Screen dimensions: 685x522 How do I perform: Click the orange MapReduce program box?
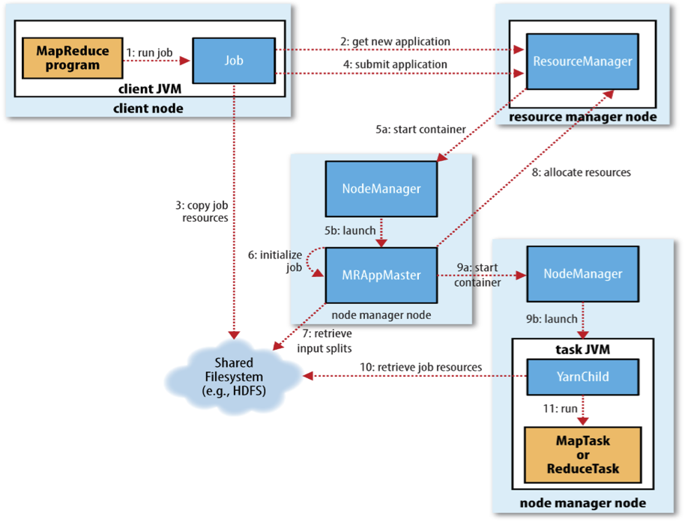[x=73, y=58]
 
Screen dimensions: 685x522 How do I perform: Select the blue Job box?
[x=234, y=60]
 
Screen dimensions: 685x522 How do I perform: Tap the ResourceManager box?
[x=582, y=61]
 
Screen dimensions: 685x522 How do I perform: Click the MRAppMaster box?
[x=381, y=275]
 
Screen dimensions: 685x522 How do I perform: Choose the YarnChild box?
[x=583, y=377]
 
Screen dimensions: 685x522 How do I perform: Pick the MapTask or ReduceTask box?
[x=583, y=455]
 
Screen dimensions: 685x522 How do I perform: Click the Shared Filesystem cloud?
[x=234, y=377]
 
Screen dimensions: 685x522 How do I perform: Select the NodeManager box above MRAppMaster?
[x=381, y=189]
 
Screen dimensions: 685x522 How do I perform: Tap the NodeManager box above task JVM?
[x=583, y=273]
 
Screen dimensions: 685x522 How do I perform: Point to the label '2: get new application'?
[x=396, y=41]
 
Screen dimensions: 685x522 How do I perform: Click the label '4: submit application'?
[x=396, y=64]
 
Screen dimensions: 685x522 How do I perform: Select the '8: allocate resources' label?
[x=581, y=172]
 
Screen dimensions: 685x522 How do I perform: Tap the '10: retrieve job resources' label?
[x=420, y=367]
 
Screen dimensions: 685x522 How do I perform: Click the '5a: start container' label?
[x=420, y=130]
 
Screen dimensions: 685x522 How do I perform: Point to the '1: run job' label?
[x=149, y=52]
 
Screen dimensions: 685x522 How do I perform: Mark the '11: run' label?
[x=560, y=408]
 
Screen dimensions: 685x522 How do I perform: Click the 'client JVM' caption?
[x=150, y=88]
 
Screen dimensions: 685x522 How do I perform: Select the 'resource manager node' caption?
[x=583, y=117]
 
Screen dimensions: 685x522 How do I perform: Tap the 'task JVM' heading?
[x=583, y=349]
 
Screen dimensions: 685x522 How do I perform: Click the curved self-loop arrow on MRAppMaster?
[x=307, y=261]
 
